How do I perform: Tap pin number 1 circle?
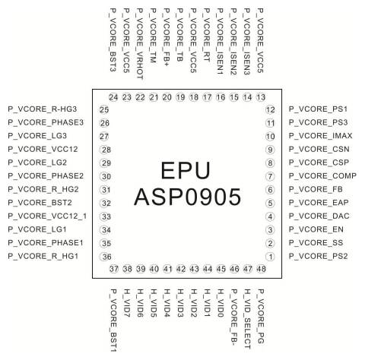(269, 257)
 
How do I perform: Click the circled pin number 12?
(269, 110)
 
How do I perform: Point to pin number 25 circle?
(104, 110)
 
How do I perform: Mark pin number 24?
(113, 97)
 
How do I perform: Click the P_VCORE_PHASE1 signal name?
(43, 243)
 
